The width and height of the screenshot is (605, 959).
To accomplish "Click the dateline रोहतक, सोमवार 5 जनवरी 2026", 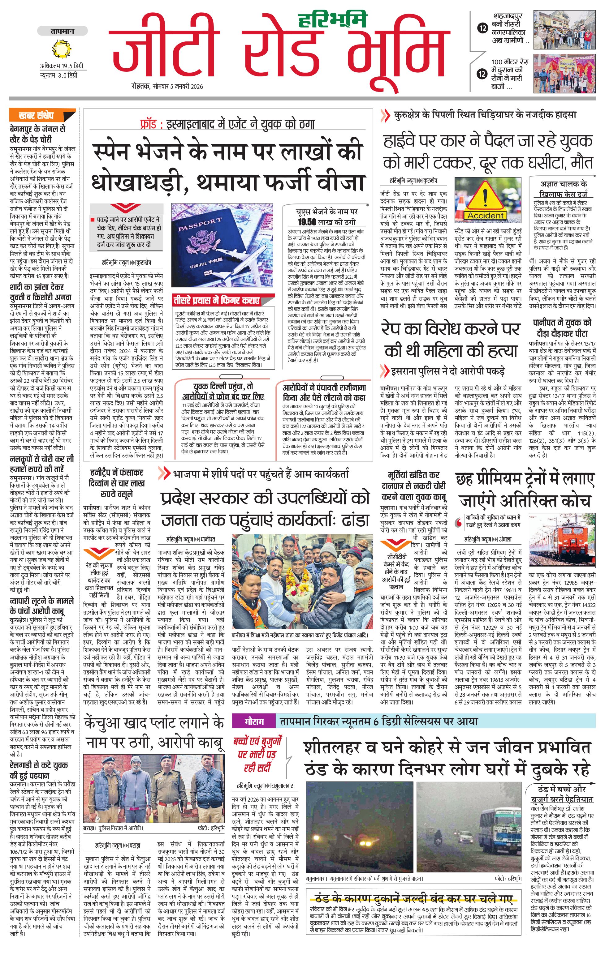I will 167,86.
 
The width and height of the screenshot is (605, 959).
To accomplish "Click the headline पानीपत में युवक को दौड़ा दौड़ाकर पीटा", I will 562,328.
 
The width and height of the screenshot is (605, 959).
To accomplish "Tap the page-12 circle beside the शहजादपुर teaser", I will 483,28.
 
